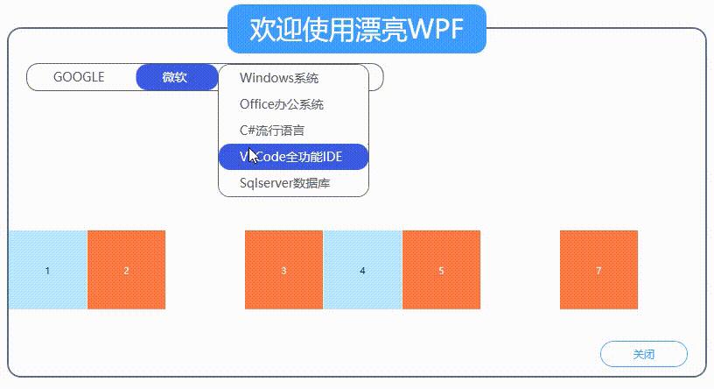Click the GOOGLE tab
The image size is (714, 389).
pyautogui.click(x=79, y=77)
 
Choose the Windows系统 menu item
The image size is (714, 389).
pyautogui.click(x=279, y=78)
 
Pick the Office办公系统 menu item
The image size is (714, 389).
pyautogui.click(x=282, y=104)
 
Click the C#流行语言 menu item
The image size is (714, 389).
pyautogui.click(x=272, y=131)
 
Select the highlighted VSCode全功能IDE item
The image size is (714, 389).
pyautogui.click(x=293, y=157)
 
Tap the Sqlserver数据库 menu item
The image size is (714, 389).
pyautogui.click(x=285, y=183)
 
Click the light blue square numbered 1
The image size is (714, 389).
pyautogui.click(x=47, y=270)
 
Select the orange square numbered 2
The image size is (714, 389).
pyautogui.click(x=126, y=270)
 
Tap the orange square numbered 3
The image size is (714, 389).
pyautogui.click(x=283, y=270)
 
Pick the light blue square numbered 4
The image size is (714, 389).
pyautogui.click(x=362, y=270)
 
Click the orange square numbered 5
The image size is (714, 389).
pyautogui.click(x=441, y=270)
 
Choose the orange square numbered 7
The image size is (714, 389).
pyautogui.click(x=598, y=270)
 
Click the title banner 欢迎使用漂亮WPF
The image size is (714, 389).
pyautogui.click(x=356, y=30)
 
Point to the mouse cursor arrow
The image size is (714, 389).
pyautogui.click(x=253, y=157)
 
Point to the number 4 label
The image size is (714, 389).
pyautogui.click(x=362, y=271)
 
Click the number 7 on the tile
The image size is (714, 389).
pyautogui.click(x=598, y=271)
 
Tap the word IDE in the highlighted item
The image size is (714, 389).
pyautogui.click(x=332, y=157)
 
